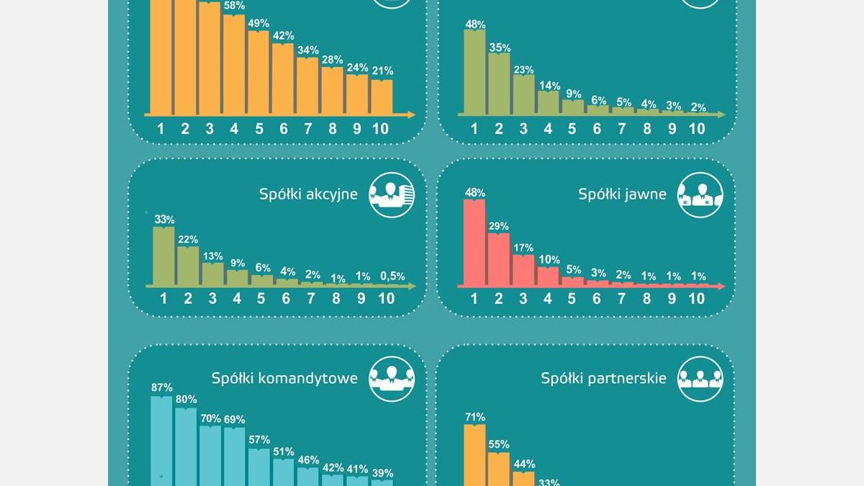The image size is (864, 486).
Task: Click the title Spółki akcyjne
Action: coord(308,194)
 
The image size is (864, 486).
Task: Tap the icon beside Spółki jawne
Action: coord(699,194)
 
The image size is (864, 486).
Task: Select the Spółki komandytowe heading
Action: coord(284,378)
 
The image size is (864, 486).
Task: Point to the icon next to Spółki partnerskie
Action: coord(699,378)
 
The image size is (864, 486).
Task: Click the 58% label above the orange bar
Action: coord(234,6)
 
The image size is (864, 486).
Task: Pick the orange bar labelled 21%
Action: coord(382,97)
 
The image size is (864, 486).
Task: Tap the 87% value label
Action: coord(161,387)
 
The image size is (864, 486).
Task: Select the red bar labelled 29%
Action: coord(498,258)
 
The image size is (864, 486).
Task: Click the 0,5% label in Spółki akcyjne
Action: coord(392,276)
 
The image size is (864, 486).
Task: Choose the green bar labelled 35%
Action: coord(498,84)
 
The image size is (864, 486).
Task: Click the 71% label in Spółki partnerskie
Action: coord(474,417)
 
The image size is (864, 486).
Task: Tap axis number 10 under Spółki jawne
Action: coord(696,298)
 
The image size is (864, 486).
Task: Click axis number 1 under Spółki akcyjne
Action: coord(163,298)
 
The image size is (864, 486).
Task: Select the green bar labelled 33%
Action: coord(163,256)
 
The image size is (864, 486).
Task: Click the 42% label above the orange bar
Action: coord(283,36)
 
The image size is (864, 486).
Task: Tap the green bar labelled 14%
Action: coord(548,103)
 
